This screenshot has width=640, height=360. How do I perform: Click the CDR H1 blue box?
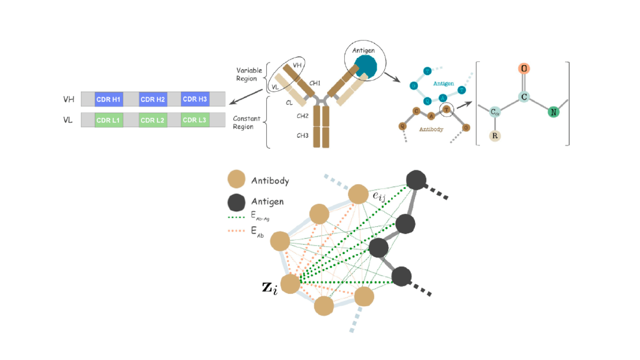click(109, 99)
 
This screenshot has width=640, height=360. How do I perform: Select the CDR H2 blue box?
click(153, 99)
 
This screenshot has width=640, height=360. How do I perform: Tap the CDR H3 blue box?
click(195, 99)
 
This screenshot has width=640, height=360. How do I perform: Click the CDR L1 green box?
click(109, 120)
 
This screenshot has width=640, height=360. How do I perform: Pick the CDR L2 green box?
click(153, 120)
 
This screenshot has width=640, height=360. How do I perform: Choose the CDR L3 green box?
click(195, 120)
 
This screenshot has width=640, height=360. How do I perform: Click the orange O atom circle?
click(524, 69)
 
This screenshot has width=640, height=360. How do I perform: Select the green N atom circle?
click(553, 112)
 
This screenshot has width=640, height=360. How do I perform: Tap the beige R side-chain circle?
click(495, 136)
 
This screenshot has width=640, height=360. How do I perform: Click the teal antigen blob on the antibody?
click(365, 66)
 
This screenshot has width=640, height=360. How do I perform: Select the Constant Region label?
click(246, 122)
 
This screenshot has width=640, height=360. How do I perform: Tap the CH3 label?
click(302, 136)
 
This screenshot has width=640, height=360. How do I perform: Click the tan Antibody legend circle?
click(237, 179)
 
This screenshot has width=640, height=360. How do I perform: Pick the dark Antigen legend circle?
click(237, 202)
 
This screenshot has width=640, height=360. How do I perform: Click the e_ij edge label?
click(379, 196)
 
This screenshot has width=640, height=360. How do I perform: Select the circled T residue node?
click(446, 110)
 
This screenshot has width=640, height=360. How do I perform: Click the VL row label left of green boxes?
click(68, 120)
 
